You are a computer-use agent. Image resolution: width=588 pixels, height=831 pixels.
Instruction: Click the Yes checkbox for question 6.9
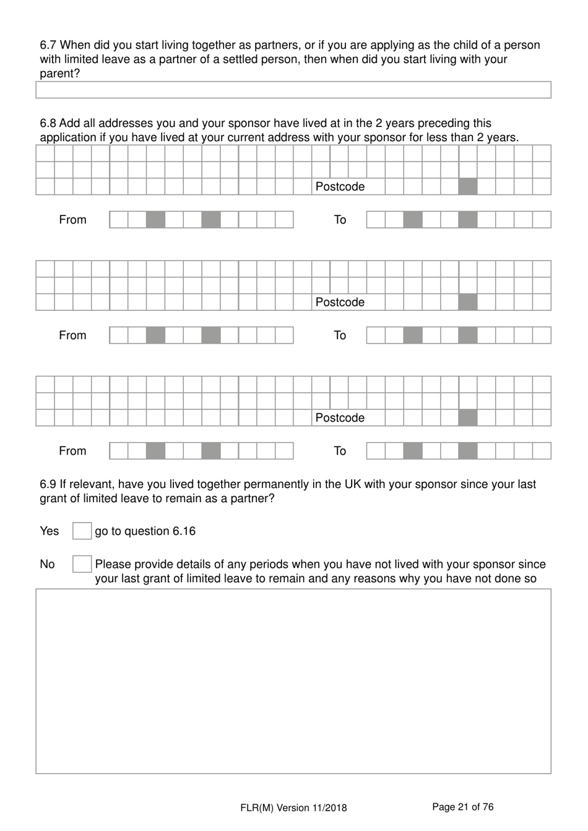[x=82, y=531]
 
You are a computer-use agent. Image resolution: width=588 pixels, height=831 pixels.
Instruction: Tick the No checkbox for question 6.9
[x=82, y=564]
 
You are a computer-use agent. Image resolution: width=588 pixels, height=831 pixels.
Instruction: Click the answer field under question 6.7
[x=293, y=90]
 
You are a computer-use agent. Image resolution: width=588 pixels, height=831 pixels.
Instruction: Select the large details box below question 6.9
[x=293, y=681]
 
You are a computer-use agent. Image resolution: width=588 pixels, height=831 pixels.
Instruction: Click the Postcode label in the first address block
[x=340, y=187]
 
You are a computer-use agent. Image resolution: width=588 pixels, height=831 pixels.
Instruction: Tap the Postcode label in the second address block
[x=340, y=302]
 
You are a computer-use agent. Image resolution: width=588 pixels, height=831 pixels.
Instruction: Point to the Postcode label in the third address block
[x=340, y=418]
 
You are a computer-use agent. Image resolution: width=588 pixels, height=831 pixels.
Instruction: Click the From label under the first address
[x=72, y=220]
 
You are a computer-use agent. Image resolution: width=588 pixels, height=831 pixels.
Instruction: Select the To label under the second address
[x=340, y=336]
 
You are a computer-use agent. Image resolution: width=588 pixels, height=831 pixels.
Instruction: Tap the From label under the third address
[x=72, y=451]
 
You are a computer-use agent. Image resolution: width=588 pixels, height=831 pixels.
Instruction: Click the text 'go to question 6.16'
[x=145, y=531]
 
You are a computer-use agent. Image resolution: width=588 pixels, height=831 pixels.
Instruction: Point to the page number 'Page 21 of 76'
[x=462, y=807]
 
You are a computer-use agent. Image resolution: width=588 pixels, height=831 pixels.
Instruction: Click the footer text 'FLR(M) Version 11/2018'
[x=293, y=807]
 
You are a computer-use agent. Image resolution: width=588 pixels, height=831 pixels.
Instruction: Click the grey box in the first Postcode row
[x=468, y=186]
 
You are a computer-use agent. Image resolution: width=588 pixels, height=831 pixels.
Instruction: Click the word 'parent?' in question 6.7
[x=60, y=74]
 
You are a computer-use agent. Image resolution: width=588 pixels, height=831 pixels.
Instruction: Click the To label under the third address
[x=340, y=451]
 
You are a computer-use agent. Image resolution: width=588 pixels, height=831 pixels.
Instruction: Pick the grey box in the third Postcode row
[x=468, y=418]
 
